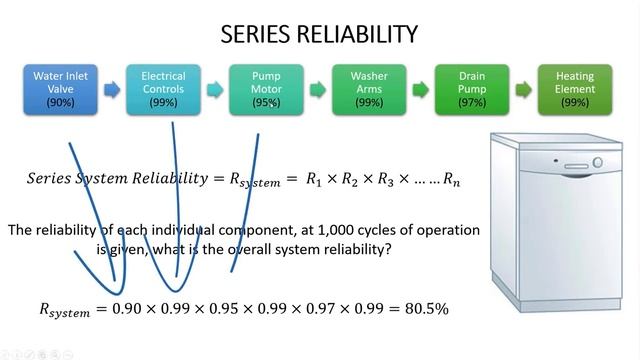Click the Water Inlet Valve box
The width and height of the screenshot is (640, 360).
point(59,89)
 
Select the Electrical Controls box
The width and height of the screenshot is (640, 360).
point(162,89)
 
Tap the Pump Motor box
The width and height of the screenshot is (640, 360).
point(265,89)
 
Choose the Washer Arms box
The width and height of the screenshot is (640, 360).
point(369,89)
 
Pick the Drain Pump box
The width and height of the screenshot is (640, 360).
point(472,89)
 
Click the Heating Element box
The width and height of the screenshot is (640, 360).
point(575,89)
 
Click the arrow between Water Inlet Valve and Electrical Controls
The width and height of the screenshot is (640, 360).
point(111,90)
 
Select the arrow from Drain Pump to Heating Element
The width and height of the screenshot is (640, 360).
point(524,90)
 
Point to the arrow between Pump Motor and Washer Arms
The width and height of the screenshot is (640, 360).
point(317,90)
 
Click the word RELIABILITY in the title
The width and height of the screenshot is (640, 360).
point(357,35)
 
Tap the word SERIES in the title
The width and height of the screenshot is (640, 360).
point(257,35)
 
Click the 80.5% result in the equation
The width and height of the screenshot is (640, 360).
point(427,309)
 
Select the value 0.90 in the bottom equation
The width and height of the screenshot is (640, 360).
point(128,309)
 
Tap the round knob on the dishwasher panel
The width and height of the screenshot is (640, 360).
point(597,161)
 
